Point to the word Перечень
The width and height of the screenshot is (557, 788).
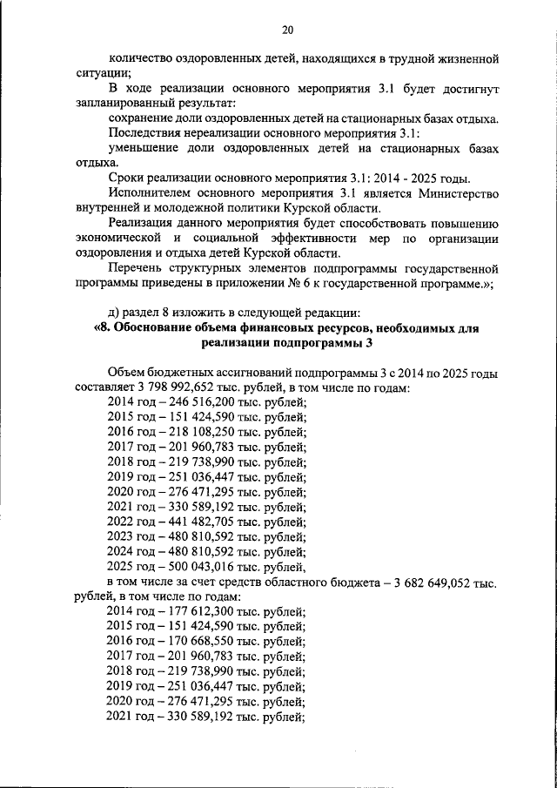pos(135,267)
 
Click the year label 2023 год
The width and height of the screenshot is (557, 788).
pos(129,535)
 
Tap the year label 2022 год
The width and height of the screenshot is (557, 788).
pos(129,521)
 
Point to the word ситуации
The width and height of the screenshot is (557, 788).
pos(102,73)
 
